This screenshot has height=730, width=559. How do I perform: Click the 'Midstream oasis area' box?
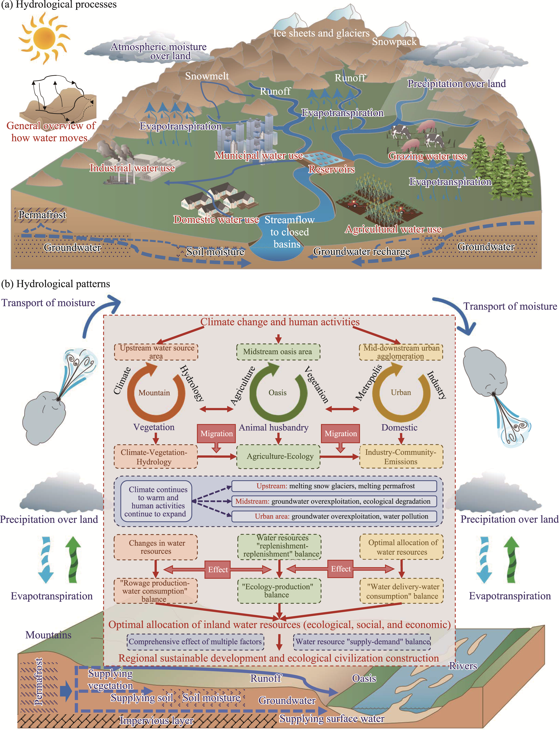coord(278,352)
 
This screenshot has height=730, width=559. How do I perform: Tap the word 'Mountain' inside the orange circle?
coord(154,393)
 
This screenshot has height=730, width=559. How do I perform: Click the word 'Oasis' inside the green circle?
coord(277,393)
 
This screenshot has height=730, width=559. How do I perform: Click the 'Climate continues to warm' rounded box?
coord(156,501)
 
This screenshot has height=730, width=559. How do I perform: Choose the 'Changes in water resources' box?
coord(156,547)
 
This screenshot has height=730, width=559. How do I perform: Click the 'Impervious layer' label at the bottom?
coord(156,720)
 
